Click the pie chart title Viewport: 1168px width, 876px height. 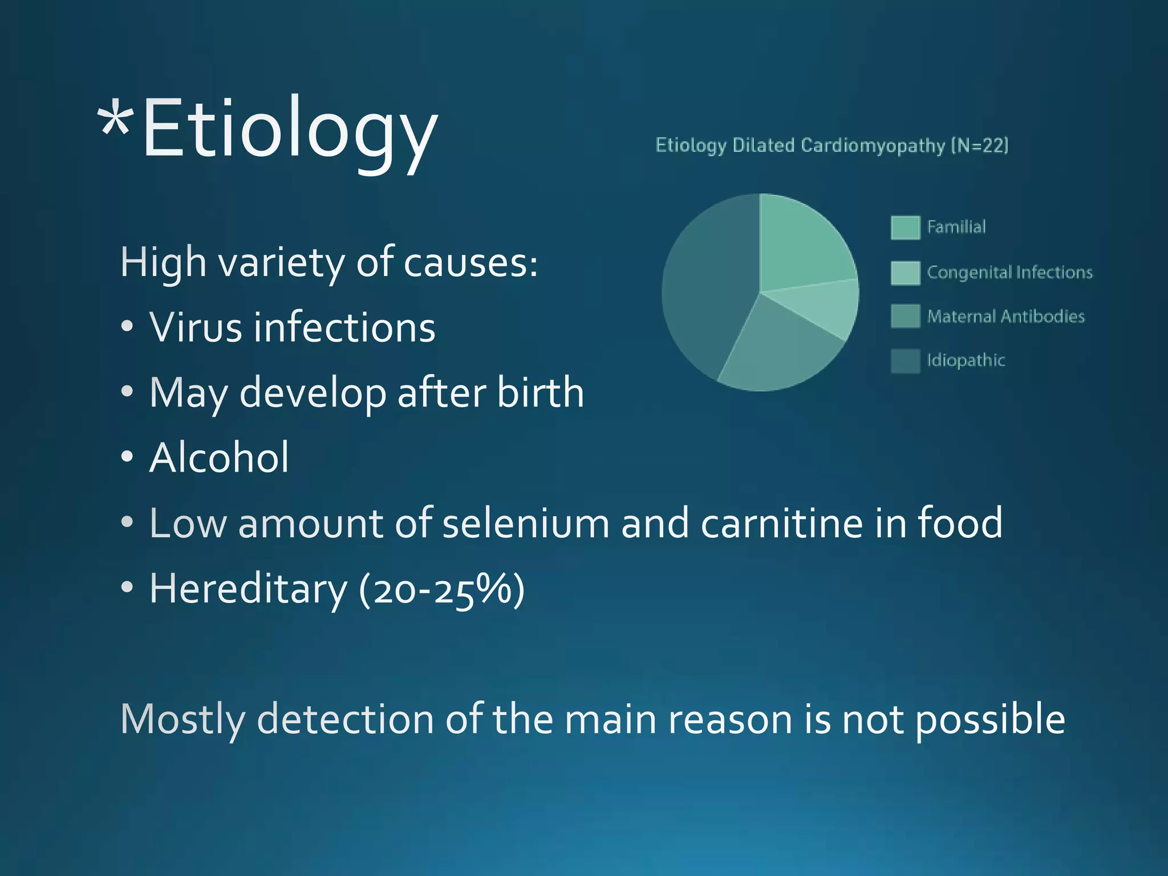point(832,145)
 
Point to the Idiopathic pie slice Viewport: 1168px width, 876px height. point(707,285)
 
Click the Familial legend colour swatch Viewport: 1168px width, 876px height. point(905,228)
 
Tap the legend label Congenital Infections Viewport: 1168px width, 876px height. point(1009,273)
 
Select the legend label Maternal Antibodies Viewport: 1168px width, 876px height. point(1005,317)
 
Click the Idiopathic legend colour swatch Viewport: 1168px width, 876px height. point(905,361)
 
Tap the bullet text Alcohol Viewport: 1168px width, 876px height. point(219,458)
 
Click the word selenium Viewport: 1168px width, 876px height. point(525,524)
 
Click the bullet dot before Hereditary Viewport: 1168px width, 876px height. point(127,587)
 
